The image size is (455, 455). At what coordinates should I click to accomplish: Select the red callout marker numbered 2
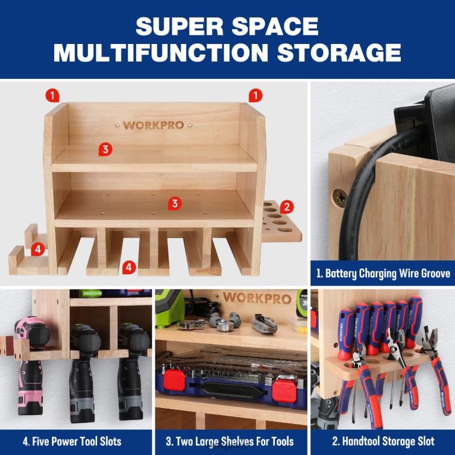(288, 207)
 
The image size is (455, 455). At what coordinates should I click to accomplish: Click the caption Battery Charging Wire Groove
(382, 274)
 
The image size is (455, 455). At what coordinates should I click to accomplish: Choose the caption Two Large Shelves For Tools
(230, 442)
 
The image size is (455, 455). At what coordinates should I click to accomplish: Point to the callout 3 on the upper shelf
(105, 149)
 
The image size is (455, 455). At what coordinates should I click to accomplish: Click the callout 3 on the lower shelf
(175, 203)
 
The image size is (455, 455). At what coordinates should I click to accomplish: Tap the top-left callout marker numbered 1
(54, 95)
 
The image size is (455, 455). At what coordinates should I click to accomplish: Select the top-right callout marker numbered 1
(256, 95)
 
